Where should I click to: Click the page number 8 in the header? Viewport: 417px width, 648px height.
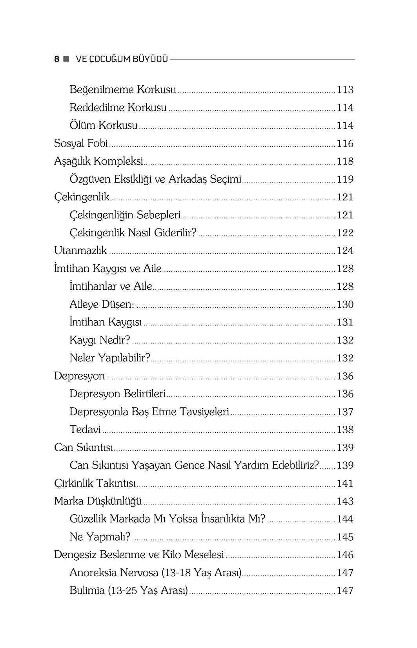pyautogui.click(x=57, y=59)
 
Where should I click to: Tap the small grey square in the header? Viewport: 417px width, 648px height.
pyautogui.click(x=66, y=59)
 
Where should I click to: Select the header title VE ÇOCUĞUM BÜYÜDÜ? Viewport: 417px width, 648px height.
pyautogui.click(x=122, y=59)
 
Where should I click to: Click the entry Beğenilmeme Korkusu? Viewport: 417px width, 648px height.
pyautogui.click(x=123, y=90)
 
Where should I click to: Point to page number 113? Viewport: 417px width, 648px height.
pyautogui.click(x=345, y=90)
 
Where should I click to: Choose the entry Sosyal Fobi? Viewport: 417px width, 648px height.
pyautogui.click(x=81, y=143)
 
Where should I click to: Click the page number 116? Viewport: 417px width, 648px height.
pyautogui.click(x=345, y=143)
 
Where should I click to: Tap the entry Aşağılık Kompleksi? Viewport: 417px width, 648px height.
pyautogui.click(x=98, y=161)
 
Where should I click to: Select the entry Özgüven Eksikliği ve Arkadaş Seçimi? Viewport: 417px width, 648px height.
pyautogui.click(x=155, y=179)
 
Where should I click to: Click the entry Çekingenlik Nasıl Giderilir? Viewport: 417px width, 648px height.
pyautogui.click(x=133, y=233)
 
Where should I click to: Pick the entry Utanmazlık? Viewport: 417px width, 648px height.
pyautogui.click(x=80, y=250)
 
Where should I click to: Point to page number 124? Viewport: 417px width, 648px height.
pyautogui.click(x=345, y=250)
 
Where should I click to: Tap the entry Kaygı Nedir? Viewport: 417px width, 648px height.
pyautogui.click(x=100, y=340)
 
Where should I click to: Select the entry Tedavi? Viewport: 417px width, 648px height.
pyautogui.click(x=85, y=430)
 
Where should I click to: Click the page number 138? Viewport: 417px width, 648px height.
pyautogui.click(x=345, y=430)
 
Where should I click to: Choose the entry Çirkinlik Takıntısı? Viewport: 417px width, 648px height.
pyautogui.click(x=95, y=483)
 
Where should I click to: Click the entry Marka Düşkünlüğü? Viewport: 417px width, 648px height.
pyautogui.click(x=98, y=501)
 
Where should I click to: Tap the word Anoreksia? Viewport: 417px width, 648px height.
pyautogui.click(x=93, y=573)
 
